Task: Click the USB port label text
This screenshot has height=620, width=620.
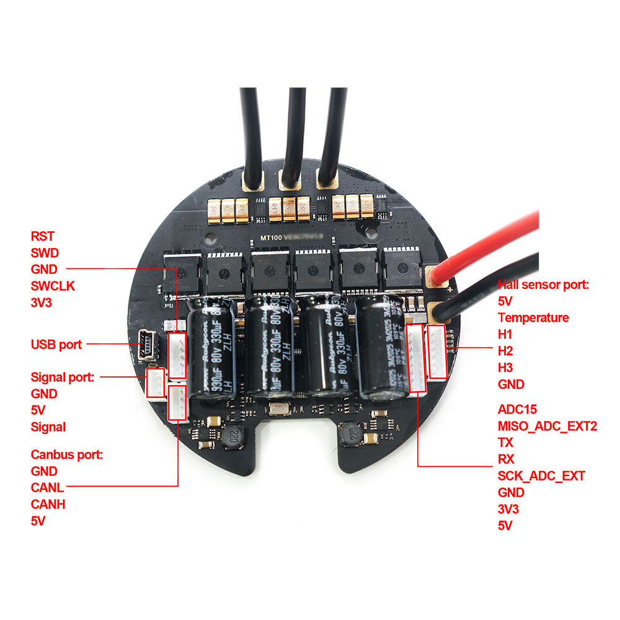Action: [56, 344]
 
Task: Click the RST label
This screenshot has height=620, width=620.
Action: [42, 236]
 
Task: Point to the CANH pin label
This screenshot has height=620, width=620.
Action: [48, 504]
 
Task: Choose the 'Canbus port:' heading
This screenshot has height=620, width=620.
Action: [67, 454]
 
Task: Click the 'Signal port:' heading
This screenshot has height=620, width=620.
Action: [62, 376]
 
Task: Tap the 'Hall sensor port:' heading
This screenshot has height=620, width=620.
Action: [543, 285]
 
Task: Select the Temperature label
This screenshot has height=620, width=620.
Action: [533, 317]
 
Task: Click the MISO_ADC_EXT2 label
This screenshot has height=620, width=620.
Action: [547, 426]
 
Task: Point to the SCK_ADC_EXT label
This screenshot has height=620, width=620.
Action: [541, 476]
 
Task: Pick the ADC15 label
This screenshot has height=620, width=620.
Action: [517, 409]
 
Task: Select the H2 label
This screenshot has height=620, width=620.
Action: [505, 351]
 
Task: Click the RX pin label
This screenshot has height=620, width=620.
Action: [507, 459]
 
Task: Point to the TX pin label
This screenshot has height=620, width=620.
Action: [506, 443]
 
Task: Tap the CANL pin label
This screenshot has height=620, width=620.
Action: [47, 488]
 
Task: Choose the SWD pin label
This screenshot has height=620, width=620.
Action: [43, 253]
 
